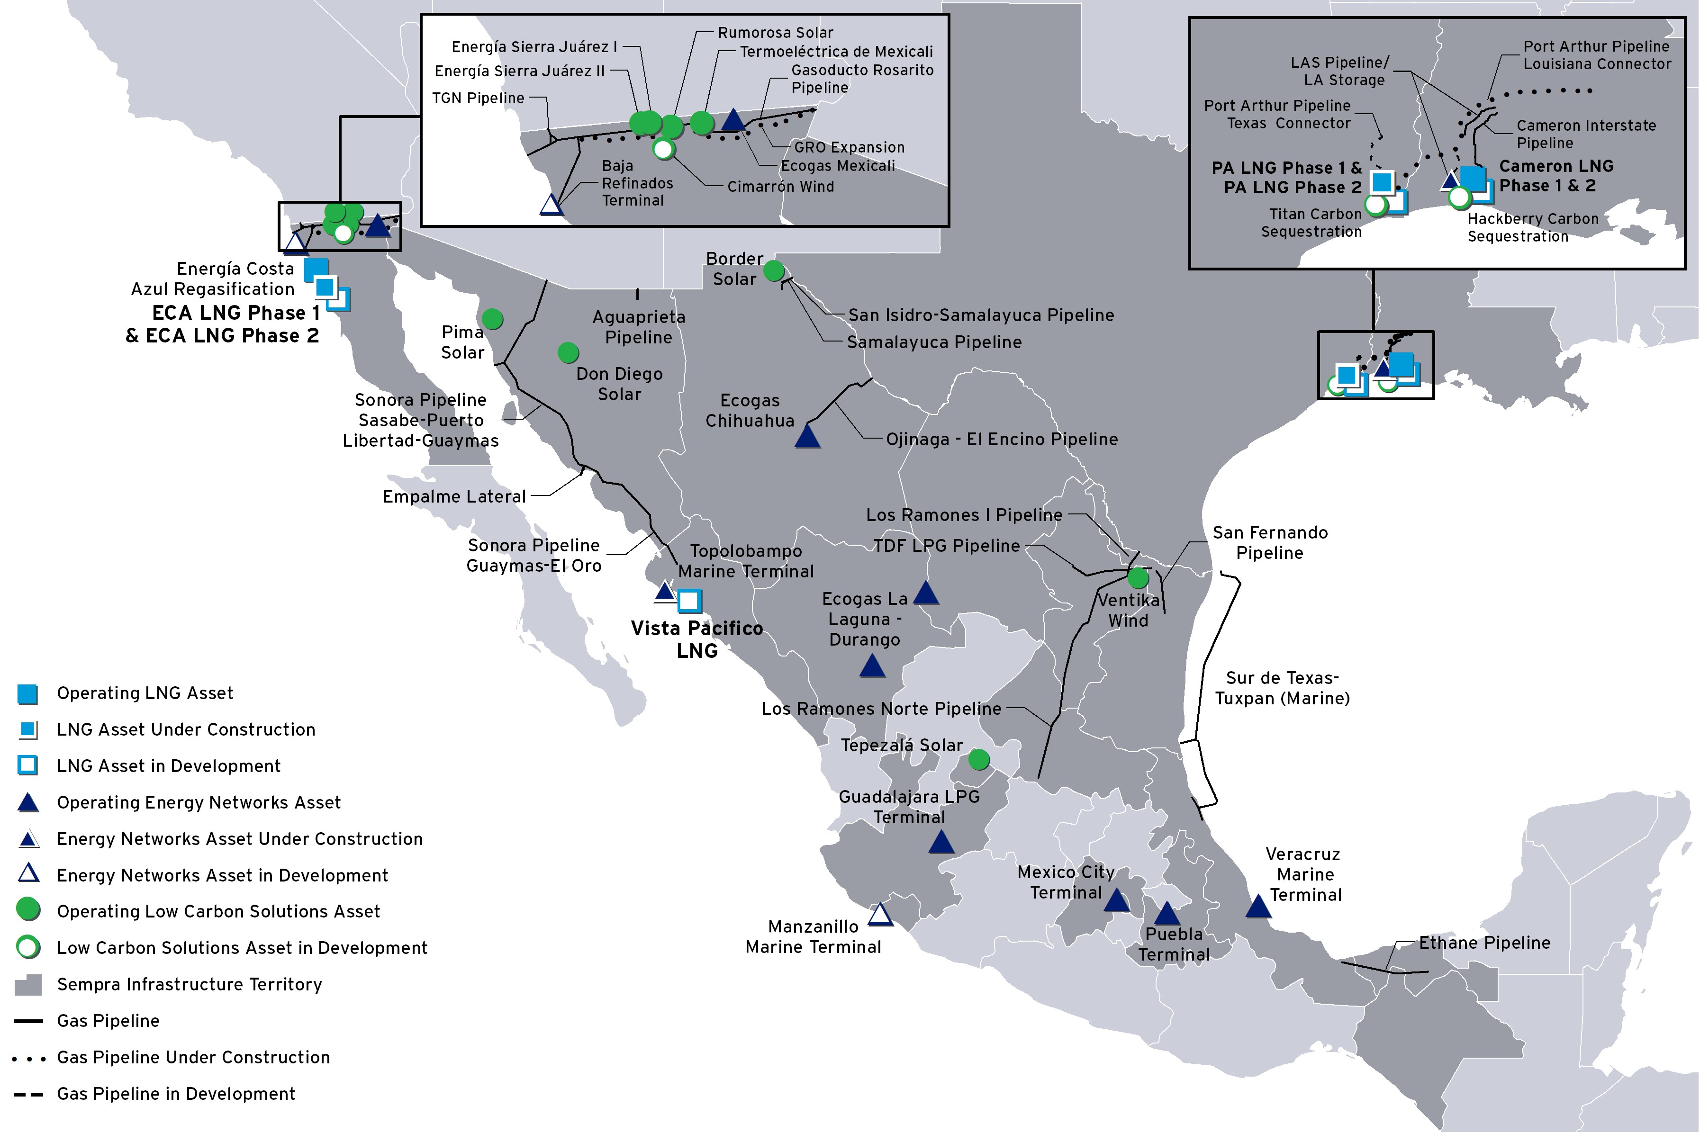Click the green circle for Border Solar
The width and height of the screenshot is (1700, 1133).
coord(773,271)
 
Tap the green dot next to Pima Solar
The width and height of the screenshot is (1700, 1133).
coord(492,319)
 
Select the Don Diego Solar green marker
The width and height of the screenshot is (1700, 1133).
coord(568,352)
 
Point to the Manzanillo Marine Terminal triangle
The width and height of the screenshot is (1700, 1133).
coord(880,915)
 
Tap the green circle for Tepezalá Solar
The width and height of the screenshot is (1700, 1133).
coord(979,759)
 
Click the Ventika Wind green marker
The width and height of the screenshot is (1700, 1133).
coord(1138,578)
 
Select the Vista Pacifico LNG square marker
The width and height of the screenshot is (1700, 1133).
coord(689,601)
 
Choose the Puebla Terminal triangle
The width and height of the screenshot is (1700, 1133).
coord(1166,914)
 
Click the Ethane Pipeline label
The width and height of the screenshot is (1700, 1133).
coord(1484,943)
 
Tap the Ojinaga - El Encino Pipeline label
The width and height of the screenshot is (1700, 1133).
coord(1002,440)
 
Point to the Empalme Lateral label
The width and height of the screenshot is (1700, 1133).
coord(454,496)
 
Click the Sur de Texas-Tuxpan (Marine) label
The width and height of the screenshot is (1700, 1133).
coord(1282,688)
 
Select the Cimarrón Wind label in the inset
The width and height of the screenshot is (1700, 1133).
coord(781,187)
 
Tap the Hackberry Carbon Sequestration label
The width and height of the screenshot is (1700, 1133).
coord(1532,228)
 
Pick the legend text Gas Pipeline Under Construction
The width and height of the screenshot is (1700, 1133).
coord(193,1057)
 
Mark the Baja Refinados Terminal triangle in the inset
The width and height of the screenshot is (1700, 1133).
coord(552,205)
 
